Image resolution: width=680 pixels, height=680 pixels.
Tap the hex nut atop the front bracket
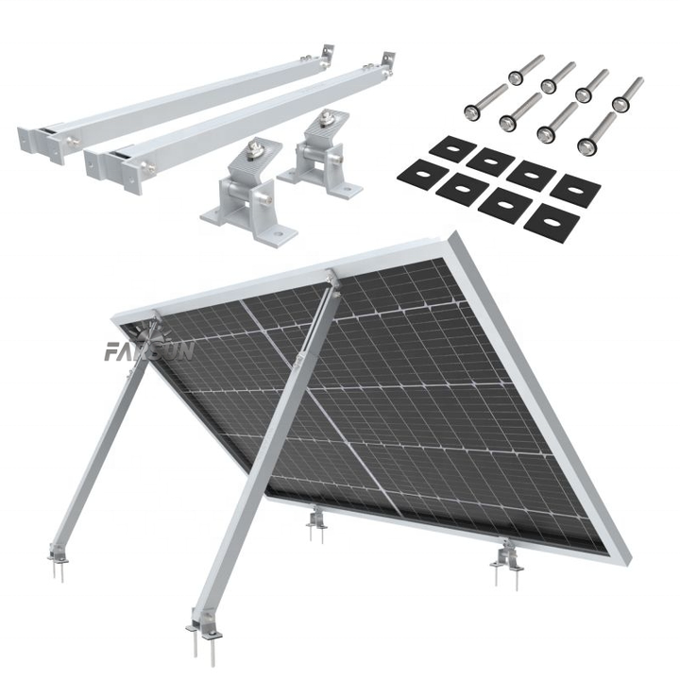(x=253, y=148)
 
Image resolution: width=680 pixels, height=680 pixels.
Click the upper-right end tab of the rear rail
(x=331, y=52)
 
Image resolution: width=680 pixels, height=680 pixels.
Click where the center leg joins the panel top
(x=330, y=279)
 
